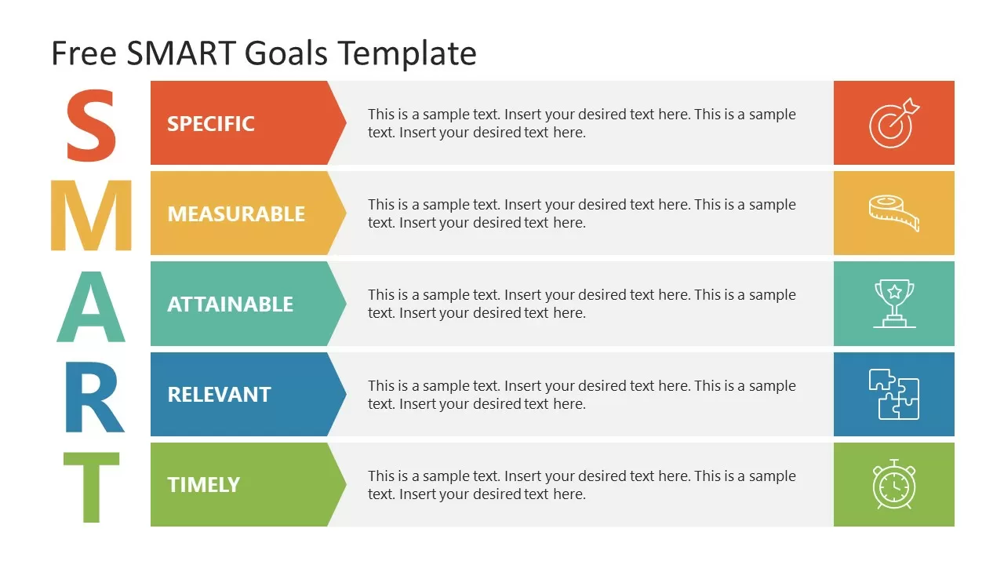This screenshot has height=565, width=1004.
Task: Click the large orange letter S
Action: coord(91,126)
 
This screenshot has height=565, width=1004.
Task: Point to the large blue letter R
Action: coord(93,397)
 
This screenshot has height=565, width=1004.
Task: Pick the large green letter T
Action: coord(91,487)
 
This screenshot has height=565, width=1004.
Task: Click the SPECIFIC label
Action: coord(211,123)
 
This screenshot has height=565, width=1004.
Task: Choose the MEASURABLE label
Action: coord(236,213)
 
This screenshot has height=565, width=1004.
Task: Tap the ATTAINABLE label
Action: coord(230,304)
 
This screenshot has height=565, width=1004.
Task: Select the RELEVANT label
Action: coord(219,394)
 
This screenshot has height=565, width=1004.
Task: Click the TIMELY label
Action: coord(203,484)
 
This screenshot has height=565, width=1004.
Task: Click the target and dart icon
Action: coord(894,122)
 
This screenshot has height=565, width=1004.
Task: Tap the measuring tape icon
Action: coord(894,213)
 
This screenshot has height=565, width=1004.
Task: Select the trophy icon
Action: coord(894,304)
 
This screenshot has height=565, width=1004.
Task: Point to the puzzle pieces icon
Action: coord(894,394)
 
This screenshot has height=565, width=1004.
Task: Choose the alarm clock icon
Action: coord(894,484)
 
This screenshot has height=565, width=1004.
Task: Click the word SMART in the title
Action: coord(180,53)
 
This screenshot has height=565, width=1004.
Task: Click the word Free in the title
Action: coord(83,53)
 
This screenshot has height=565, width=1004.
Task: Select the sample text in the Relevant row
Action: coord(581,395)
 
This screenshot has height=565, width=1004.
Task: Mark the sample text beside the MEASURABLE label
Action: coord(581,213)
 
